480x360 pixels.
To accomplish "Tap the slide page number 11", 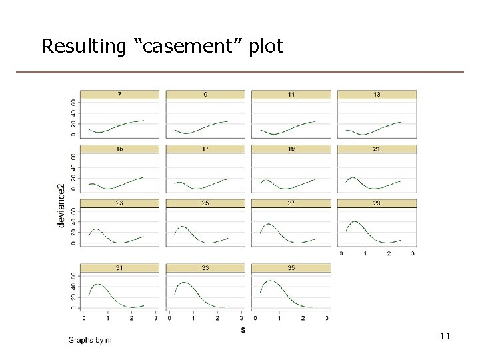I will coord(445,337).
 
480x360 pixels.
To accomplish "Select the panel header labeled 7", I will coord(119,95).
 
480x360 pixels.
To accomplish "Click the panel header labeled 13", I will coord(377,95).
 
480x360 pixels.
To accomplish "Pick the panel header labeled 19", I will coord(291,149).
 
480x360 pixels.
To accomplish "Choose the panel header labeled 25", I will coord(205,203).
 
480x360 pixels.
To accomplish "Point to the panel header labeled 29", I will coord(377,203).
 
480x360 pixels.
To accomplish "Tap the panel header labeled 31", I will coord(119,268).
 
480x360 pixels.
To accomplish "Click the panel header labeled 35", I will coord(291,268).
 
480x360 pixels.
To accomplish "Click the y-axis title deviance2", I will coord(61,205).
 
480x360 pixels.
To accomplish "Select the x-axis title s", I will coord(243,329).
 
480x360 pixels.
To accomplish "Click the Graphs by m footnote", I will coord(90,340).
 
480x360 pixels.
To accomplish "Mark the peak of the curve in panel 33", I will coord(185,283).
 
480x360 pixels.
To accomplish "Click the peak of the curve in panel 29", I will coord(355,221).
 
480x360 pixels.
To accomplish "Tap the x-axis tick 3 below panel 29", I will coord(413,254).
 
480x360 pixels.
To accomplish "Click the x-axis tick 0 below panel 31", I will coord(83,318).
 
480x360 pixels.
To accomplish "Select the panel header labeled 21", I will coord(377,149).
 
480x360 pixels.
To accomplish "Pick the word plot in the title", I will coord(267,47).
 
